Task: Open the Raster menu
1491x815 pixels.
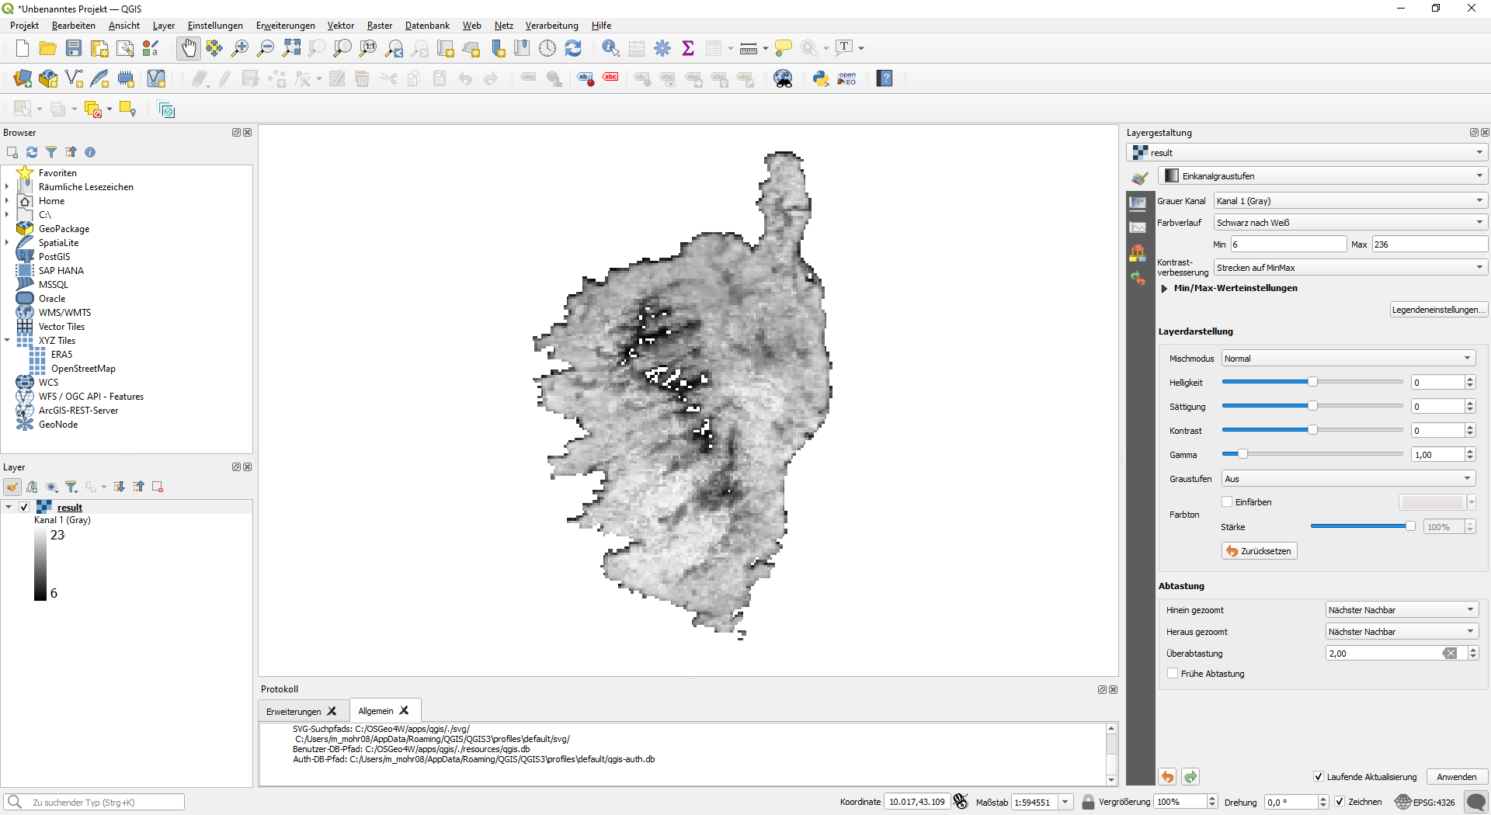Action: tap(379, 26)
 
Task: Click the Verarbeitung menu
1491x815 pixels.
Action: tap(551, 26)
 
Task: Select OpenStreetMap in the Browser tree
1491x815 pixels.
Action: tap(83, 369)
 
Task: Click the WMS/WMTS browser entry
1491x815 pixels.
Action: tap(64, 313)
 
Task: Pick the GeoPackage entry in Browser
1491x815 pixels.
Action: tap(64, 229)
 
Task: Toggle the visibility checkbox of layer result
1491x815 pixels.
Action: tap(24, 508)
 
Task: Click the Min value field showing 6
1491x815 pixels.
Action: tap(1288, 244)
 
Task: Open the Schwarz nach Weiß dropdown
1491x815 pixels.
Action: tap(1350, 223)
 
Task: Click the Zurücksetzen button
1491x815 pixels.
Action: tap(1259, 551)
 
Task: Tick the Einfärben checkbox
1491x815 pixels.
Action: tap(1228, 502)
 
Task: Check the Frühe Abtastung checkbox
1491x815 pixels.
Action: tap(1173, 674)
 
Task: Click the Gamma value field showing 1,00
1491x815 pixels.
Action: tap(1437, 455)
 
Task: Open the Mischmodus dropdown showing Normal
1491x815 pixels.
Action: tap(1347, 359)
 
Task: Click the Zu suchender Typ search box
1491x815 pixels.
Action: tap(106, 803)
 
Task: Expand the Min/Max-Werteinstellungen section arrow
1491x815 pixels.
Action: tap(1164, 289)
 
